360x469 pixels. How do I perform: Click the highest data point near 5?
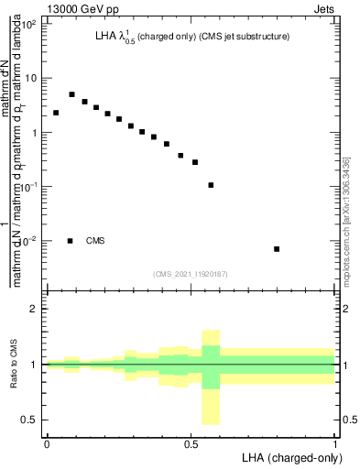(x=71, y=94)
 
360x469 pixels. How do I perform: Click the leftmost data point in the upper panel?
(x=56, y=113)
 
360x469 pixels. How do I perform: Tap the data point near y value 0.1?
(x=211, y=185)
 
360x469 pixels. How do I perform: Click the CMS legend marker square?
(x=71, y=241)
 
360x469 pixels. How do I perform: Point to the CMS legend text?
(x=95, y=241)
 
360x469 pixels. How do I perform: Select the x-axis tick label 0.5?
(x=191, y=443)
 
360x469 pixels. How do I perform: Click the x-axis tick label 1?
(x=335, y=443)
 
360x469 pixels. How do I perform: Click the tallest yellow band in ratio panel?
(x=211, y=376)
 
